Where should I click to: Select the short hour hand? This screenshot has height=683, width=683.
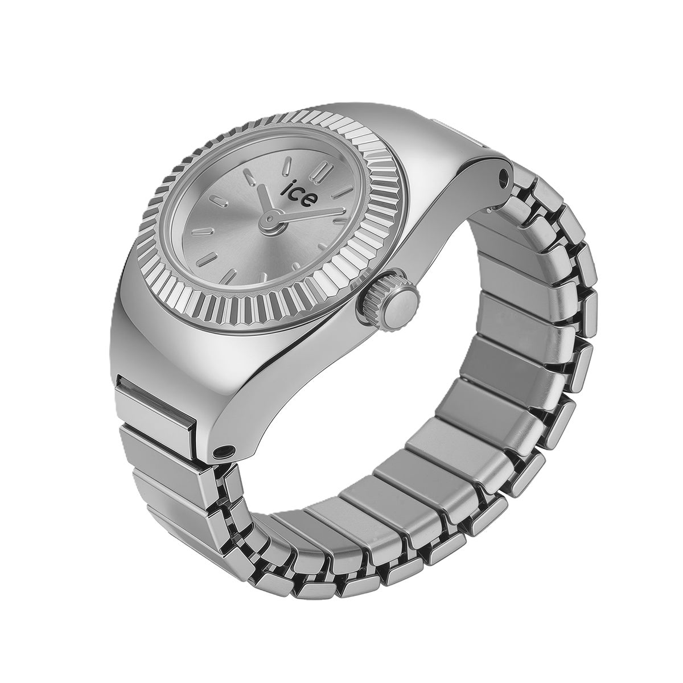(265, 201)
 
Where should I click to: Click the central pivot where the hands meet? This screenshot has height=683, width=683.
(271, 216)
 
